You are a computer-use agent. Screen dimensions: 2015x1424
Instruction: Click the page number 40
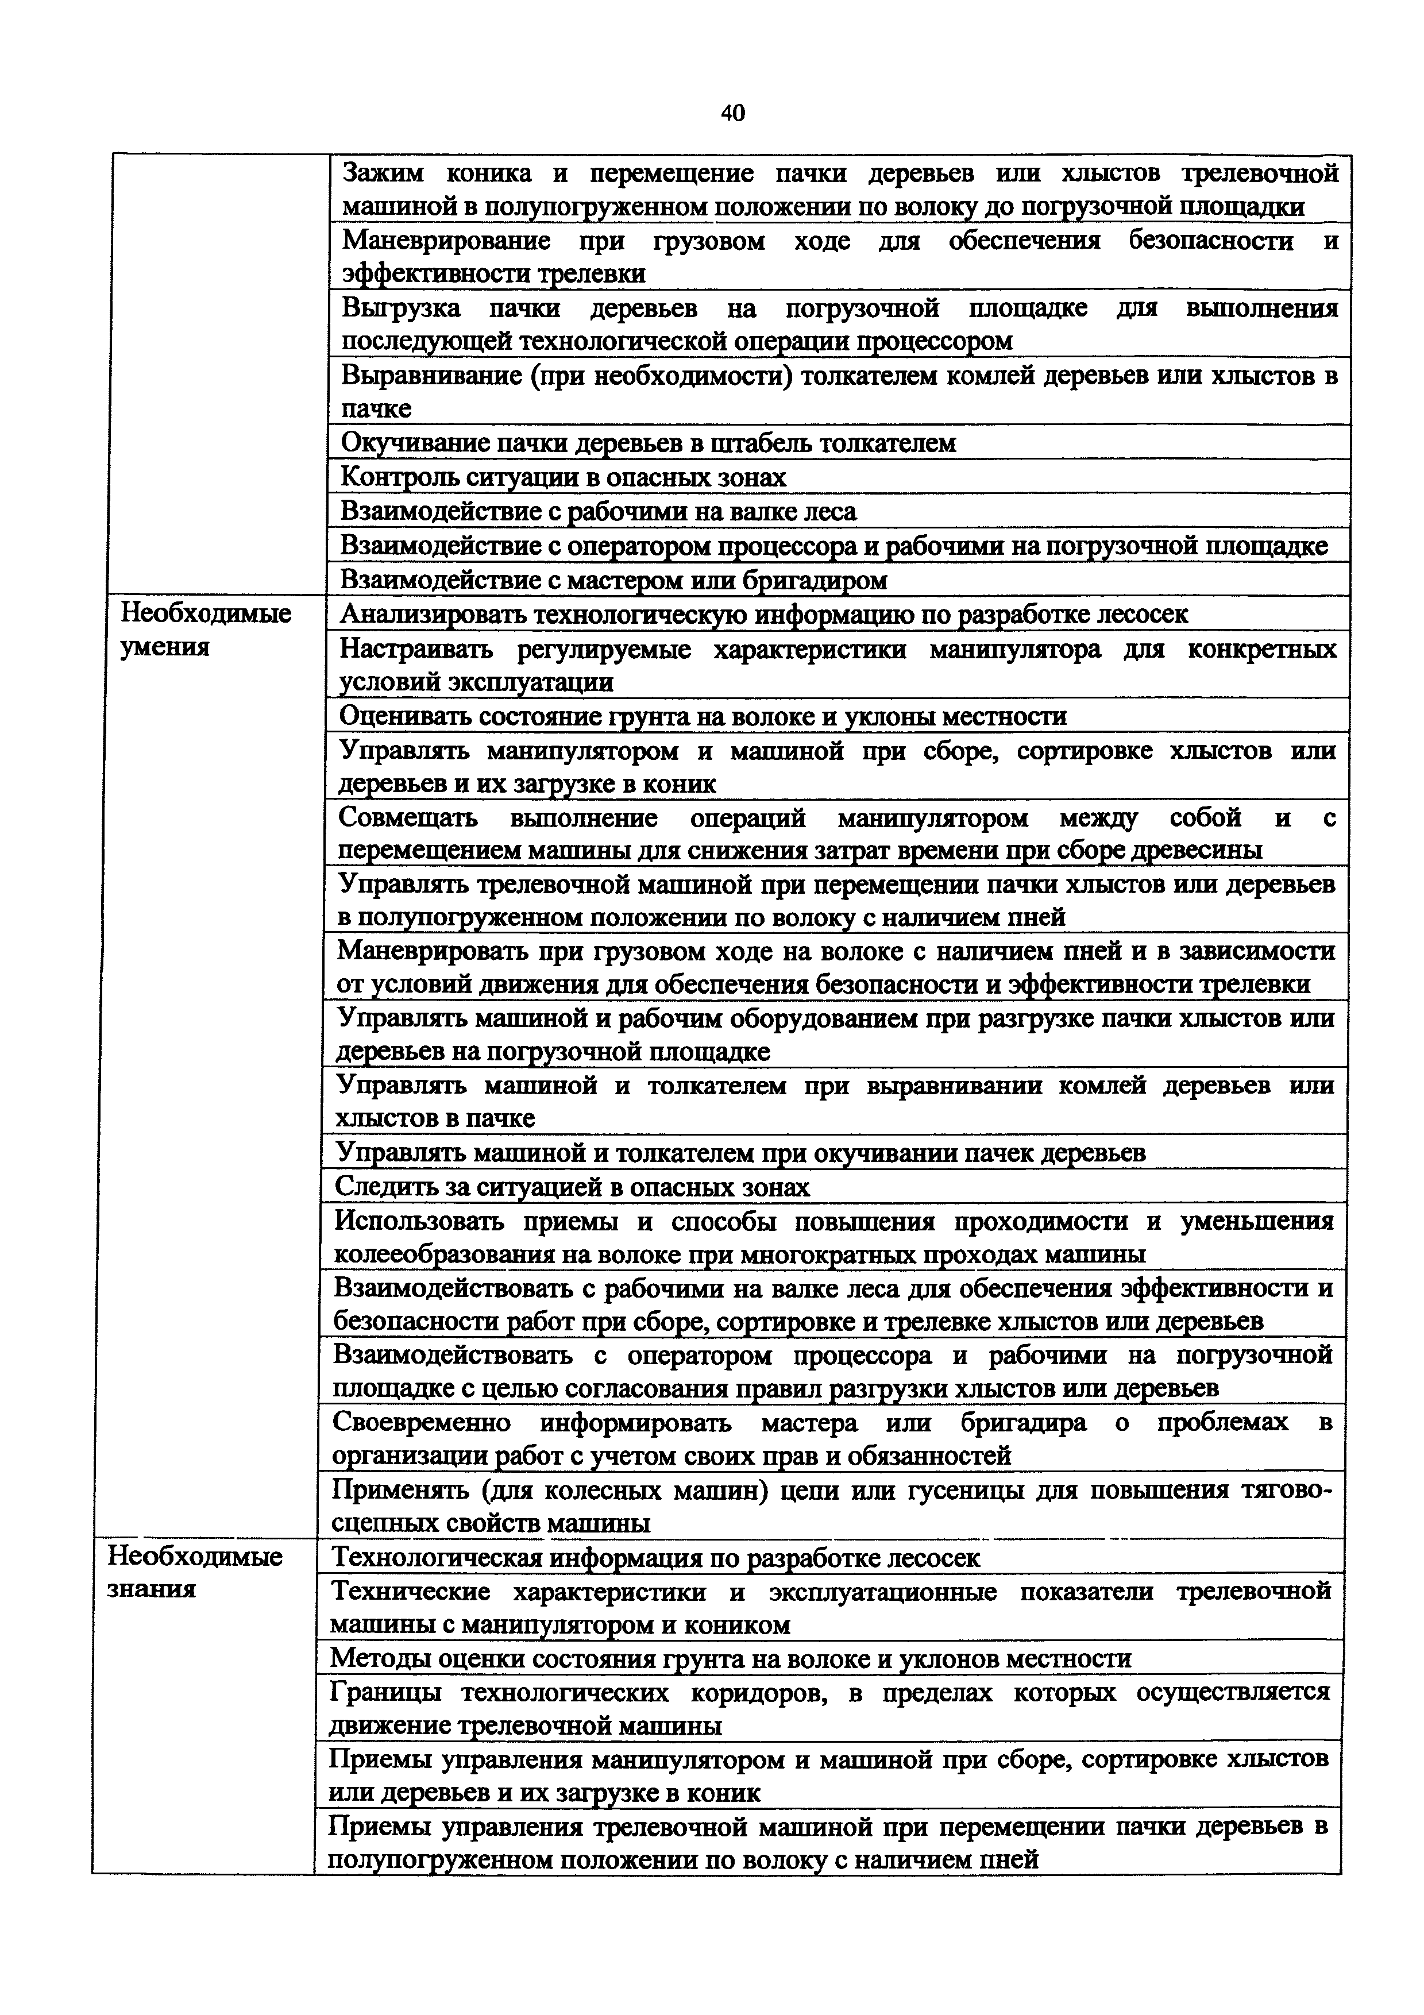pos(732,113)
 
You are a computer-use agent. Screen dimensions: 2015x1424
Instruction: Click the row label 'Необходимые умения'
pos(205,629)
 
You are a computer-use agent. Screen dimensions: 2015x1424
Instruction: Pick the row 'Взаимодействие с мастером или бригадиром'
pos(613,579)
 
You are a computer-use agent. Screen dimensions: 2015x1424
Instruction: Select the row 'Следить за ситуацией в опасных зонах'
pos(572,1187)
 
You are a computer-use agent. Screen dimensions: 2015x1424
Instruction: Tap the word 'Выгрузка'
pos(400,308)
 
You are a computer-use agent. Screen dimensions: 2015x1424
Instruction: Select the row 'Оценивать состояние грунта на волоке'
pos(702,716)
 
